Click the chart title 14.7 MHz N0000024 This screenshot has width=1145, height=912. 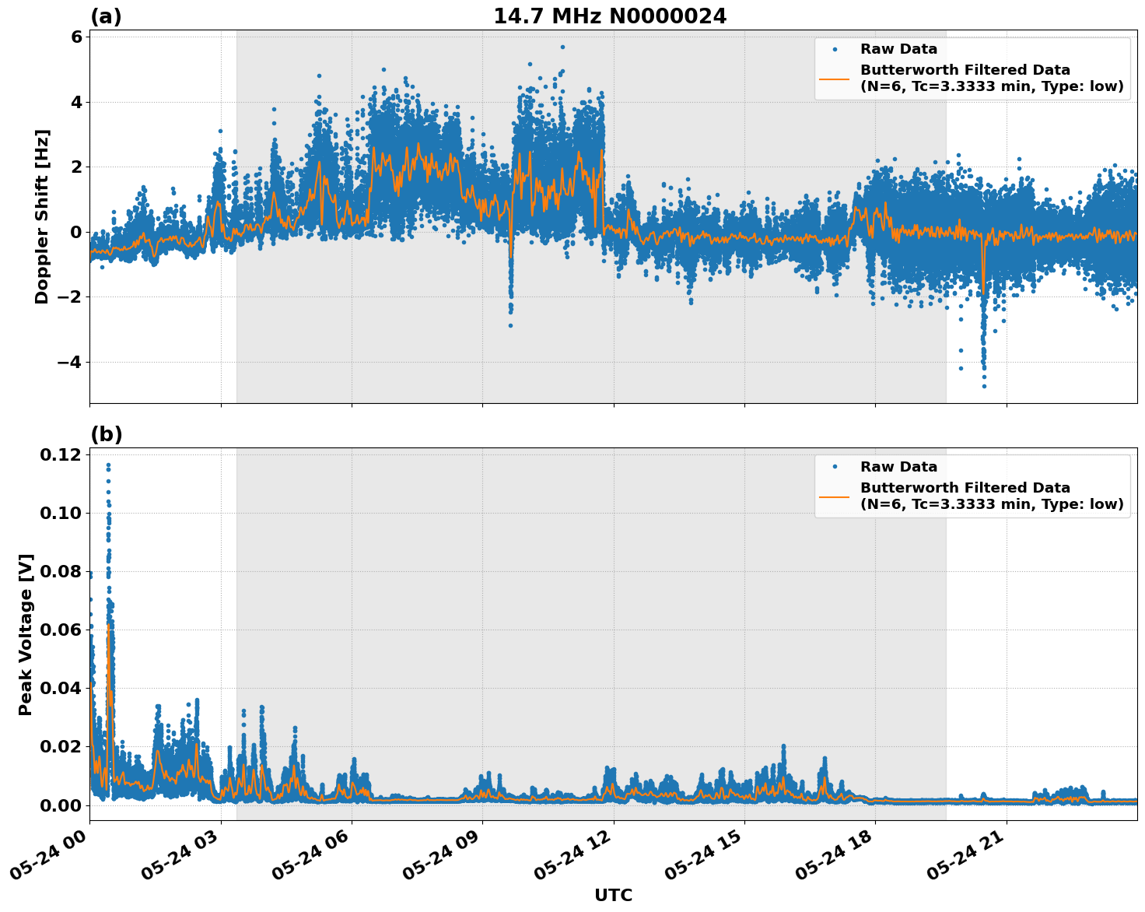point(610,16)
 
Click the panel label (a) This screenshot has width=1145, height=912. point(106,16)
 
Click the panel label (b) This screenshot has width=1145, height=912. point(106,434)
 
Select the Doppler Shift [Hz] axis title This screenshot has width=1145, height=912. point(42,216)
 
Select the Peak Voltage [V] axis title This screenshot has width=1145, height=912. point(26,634)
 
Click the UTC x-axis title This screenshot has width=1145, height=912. point(613,895)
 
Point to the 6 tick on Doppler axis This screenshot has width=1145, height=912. point(76,37)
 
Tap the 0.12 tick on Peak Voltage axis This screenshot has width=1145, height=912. point(61,454)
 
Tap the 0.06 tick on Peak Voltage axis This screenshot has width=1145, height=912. point(61,630)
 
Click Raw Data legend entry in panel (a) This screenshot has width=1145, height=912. point(898,49)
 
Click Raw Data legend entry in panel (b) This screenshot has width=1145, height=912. point(898,467)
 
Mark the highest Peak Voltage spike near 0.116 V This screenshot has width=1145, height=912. point(108,465)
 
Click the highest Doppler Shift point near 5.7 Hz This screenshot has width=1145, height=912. point(562,47)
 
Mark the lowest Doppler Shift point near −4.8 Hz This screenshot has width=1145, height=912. point(984,386)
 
